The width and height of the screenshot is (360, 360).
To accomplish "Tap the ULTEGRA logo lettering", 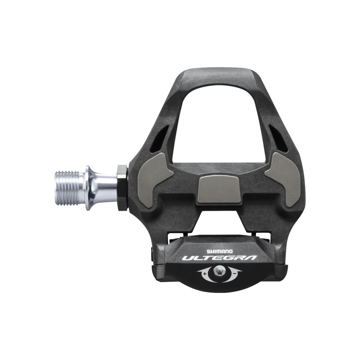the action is [219, 258].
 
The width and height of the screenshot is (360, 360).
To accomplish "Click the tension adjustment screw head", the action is [220, 271].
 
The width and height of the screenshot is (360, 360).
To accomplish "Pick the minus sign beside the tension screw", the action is [234, 274].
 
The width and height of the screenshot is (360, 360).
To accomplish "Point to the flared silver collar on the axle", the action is [91, 188].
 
